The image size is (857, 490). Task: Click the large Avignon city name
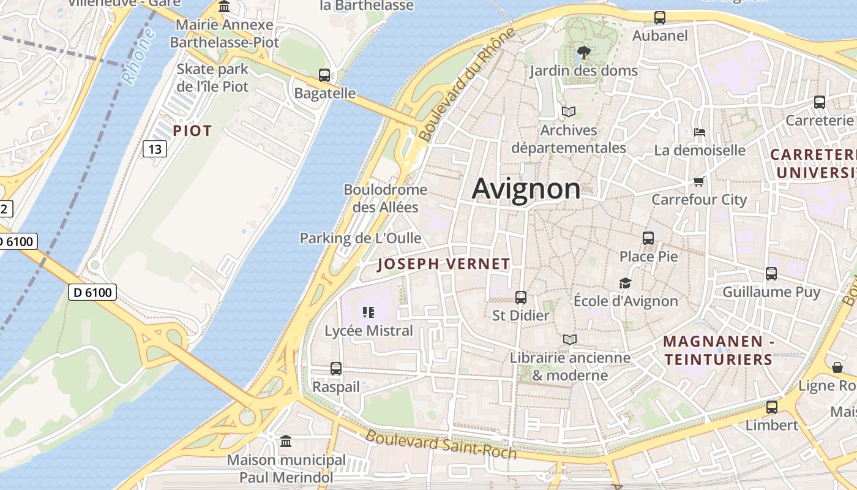[x=526, y=189]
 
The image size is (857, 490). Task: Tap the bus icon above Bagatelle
[x=324, y=75]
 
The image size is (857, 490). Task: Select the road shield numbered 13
[x=155, y=149]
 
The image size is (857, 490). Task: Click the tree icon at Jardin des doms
[x=584, y=53]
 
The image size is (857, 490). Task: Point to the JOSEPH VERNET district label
[x=444, y=264]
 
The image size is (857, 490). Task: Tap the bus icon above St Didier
[x=521, y=298]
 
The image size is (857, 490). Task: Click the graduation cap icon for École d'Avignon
[x=625, y=283]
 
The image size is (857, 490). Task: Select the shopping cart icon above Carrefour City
[x=699, y=181]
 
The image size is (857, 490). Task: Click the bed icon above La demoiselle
[x=700, y=132]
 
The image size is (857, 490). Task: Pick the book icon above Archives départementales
[x=569, y=112]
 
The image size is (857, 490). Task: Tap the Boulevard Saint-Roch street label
[x=441, y=445]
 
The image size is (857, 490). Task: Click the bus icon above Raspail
[x=336, y=369]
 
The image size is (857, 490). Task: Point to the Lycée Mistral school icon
[x=369, y=312]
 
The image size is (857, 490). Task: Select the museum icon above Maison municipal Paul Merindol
[x=286, y=441]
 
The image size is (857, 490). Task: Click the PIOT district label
[x=192, y=130]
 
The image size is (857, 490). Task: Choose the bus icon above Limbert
[x=772, y=407]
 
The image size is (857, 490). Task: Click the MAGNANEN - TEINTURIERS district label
[x=719, y=350]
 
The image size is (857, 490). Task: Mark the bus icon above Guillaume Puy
[x=771, y=274]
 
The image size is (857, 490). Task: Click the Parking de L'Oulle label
[x=361, y=238]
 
